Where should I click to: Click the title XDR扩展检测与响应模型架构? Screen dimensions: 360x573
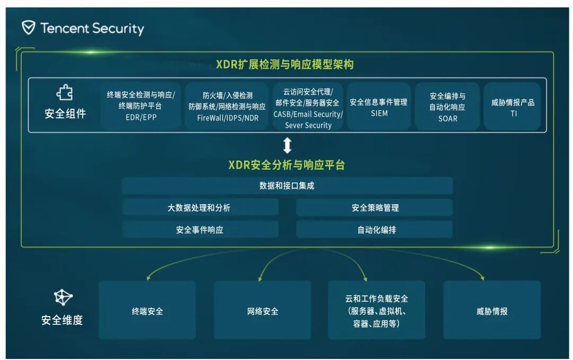coord(284,65)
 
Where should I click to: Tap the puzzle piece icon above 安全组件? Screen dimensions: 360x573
coord(65,94)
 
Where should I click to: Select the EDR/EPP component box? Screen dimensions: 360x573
coord(141,106)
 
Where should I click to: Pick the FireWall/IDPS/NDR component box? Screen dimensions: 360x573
coord(228,106)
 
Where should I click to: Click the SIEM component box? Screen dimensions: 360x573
coord(379,107)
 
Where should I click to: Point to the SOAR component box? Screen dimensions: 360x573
coord(447,107)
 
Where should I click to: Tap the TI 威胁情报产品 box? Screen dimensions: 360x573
coord(513,107)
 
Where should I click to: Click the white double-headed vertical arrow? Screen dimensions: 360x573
coord(287,145)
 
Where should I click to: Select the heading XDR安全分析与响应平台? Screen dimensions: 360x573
coord(286,165)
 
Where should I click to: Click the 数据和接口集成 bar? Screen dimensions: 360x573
coord(287,186)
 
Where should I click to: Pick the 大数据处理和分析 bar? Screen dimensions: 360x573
coord(200,208)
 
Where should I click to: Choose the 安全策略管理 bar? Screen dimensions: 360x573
coord(375,208)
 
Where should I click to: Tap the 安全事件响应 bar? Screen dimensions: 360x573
coord(200,230)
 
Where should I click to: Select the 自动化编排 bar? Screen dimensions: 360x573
coord(375,230)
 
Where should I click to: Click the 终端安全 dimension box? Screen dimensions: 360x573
coord(147,311)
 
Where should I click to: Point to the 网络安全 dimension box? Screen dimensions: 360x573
coord(263,311)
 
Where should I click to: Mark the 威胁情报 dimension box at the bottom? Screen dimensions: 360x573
coord(492,311)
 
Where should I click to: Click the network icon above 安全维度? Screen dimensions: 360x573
coord(63,298)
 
